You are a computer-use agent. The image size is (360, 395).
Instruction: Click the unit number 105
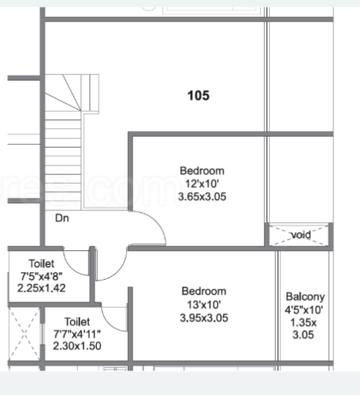coord(198,96)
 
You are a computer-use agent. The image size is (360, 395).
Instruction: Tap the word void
coord(301,235)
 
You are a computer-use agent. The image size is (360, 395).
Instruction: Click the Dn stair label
coord(62,218)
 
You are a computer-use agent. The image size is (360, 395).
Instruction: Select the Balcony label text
coord(305,298)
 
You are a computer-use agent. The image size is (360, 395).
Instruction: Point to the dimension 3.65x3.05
coord(202,196)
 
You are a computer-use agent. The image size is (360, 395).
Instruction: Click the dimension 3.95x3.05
coord(204,318)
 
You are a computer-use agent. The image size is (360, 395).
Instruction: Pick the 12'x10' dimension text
coord(202,184)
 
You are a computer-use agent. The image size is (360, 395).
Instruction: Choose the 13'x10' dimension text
coord(204,305)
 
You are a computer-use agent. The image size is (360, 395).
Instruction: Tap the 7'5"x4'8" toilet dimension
coord(41,276)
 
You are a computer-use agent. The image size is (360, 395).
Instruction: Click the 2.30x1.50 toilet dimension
coord(77,346)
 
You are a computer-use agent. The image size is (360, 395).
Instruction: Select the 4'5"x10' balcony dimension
coord(304,309)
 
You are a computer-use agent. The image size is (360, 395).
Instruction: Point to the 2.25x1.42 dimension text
coord(41,288)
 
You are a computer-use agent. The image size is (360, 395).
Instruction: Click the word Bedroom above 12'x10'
coord(202,171)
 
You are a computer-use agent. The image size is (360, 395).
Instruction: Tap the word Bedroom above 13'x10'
coord(204,292)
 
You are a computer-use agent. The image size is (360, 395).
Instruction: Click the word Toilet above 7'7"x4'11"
coord(77,322)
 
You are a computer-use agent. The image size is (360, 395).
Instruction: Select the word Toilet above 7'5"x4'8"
coord(41,264)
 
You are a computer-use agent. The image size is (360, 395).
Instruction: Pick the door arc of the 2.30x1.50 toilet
coord(109,323)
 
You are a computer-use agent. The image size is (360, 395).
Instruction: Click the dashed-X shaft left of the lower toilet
coord(24,334)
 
